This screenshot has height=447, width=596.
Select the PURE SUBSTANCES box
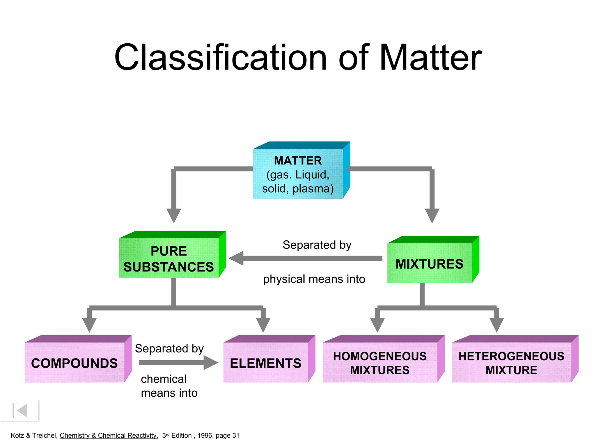point(169,258)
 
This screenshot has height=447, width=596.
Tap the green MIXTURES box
point(430,263)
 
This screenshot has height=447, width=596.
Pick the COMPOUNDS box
point(74,363)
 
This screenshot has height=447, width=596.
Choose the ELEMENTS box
point(265,363)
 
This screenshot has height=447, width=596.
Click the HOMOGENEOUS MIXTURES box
point(380,363)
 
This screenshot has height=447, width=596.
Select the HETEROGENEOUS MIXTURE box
point(511,363)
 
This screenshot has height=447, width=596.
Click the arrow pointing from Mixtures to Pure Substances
point(306,258)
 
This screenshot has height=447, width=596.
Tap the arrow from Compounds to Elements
point(178,363)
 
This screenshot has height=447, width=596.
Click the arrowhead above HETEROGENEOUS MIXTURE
point(496,324)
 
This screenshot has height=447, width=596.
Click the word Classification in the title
point(221,57)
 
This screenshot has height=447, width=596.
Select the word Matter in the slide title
point(431,57)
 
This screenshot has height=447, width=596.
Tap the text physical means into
point(314,279)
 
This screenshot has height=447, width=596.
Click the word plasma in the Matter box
point(313,189)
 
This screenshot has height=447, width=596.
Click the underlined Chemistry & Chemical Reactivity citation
point(108,435)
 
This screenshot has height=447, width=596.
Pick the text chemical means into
point(169,386)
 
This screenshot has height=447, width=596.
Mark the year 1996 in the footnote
point(205,435)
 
